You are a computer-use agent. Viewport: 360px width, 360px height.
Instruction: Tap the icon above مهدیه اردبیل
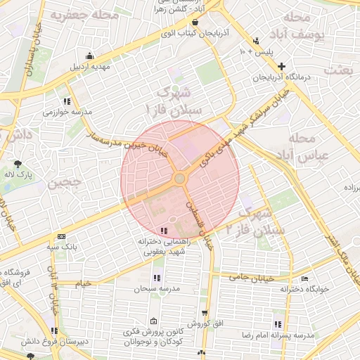point(89,56)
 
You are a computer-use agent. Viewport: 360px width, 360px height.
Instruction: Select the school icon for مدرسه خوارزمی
point(67,101)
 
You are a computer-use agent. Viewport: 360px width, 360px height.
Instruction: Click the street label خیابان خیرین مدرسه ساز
point(127,141)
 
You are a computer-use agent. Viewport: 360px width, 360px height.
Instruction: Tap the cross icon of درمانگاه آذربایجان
point(281,66)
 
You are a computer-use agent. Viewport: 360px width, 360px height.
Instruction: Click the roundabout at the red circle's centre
point(181,179)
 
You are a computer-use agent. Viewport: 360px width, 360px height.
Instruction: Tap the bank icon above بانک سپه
point(62,237)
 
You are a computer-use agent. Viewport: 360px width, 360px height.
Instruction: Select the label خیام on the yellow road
point(83,283)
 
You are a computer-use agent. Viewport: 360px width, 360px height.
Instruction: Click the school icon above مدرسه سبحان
point(155,277)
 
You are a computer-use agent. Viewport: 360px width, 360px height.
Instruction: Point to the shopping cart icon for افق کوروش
point(205,313)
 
